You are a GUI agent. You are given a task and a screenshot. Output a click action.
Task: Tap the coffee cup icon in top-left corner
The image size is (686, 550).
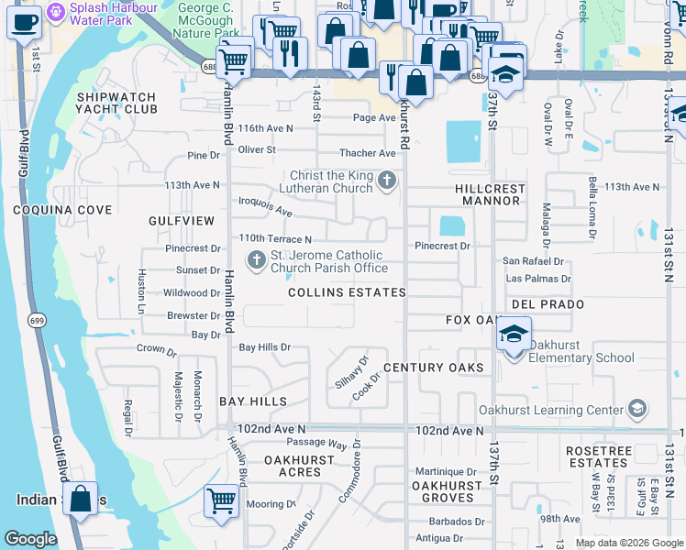(24, 21)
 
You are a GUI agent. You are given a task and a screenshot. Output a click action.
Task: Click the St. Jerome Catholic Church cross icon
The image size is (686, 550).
(255, 261)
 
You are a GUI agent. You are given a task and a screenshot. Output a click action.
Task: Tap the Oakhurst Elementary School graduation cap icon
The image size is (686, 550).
(514, 335)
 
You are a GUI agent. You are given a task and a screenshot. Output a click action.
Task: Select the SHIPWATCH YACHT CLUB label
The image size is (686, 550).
(117, 103)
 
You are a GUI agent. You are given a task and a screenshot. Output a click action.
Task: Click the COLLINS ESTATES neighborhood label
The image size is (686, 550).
(347, 292)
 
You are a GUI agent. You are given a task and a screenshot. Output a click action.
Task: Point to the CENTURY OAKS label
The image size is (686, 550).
(433, 368)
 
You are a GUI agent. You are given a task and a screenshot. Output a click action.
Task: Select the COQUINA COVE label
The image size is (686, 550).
(62, 210)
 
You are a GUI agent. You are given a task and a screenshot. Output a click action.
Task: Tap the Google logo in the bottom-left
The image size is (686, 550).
(30, 539)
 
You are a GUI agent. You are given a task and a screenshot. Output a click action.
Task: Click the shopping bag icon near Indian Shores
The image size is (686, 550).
(81, 500)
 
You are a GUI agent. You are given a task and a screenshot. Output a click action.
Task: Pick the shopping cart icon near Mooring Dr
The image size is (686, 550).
(221, 501)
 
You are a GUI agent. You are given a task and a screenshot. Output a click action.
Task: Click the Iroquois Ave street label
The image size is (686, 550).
(265, 210)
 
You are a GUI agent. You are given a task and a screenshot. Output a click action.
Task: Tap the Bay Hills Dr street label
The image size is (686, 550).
(264, 347)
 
